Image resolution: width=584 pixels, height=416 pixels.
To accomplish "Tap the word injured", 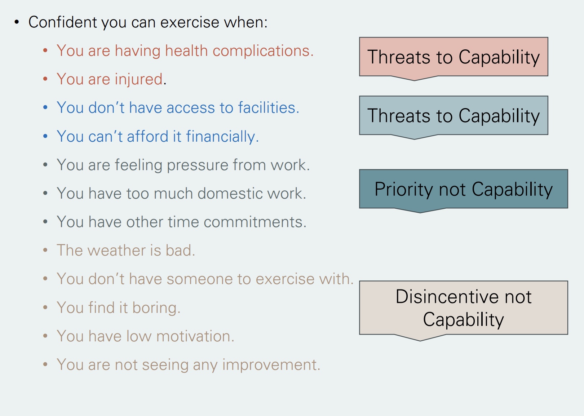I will point(138,80).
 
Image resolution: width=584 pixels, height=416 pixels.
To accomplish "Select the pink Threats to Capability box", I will point(453,57).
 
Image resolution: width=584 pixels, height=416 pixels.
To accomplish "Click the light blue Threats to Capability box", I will point(453,116).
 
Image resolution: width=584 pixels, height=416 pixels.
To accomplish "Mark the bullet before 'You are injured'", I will point(45,79).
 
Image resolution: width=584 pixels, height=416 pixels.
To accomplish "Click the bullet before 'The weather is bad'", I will point(45,250).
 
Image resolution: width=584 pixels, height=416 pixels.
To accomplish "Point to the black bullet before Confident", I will point(17,22).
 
